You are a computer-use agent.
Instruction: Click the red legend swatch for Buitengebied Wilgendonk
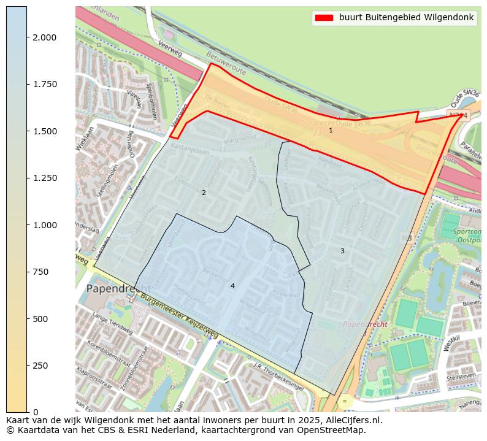[x=324, y=18]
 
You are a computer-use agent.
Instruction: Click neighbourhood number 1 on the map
[x=331, y=130]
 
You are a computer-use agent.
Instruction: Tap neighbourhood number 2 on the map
[x=204, y=193]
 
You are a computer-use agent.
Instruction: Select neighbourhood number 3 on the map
[x=342, y=251]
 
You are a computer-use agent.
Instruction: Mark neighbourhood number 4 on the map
[x=232, y=286]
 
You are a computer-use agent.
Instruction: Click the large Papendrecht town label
[x=118, y=288]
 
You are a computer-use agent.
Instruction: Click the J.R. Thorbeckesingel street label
[x=278, y=369]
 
